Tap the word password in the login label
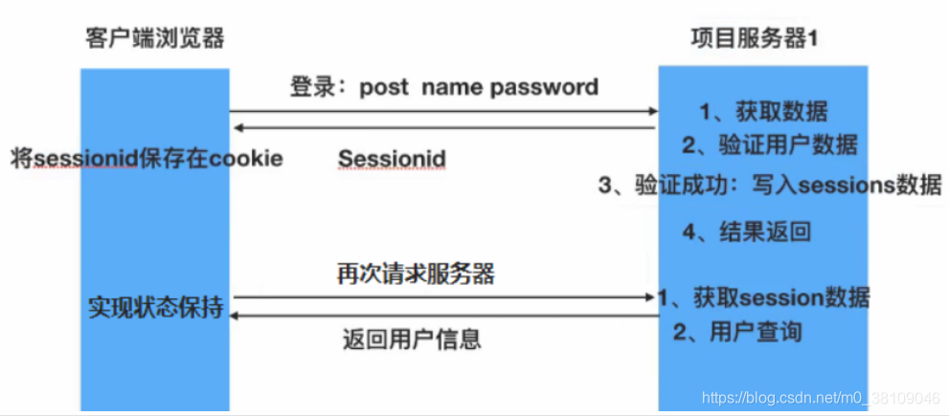pos(544,88)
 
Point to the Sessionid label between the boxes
pos(393,159)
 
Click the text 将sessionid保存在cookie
pos(147,158)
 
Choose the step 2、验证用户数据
pos(769,145)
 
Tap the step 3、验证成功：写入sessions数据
pos(770,186)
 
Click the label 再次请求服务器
pos(416,274)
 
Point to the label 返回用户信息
pos(412,339)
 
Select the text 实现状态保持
pos(156,309)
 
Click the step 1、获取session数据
pos(763,297)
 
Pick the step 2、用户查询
pos(737,332)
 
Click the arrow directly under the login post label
pos(443,112)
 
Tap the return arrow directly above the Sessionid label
pos(443,128)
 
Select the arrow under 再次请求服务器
pos(443,297)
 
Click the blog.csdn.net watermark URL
pos(821,397)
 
